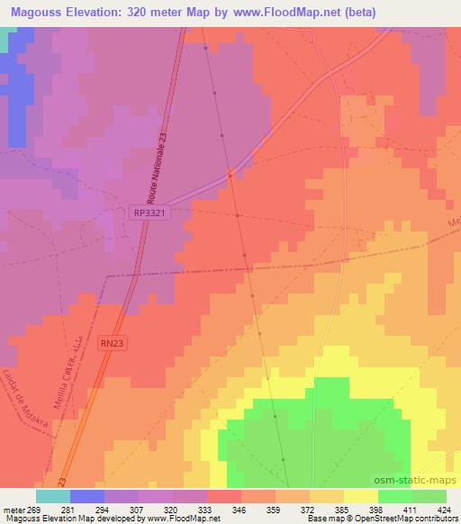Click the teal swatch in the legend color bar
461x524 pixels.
(x=52, y=496)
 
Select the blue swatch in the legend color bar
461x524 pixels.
(x=86, y=496)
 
